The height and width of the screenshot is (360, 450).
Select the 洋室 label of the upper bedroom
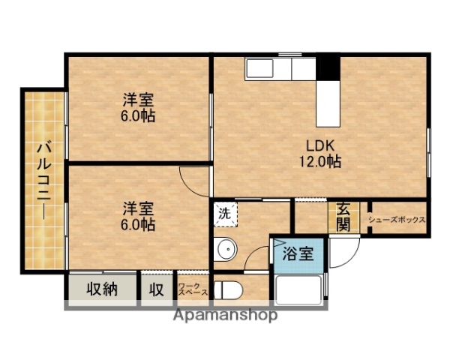[138, 100]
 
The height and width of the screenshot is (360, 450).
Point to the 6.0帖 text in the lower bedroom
[138, 223]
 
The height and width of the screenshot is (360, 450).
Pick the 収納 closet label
[100, 289]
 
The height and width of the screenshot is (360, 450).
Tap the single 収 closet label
[157, 289]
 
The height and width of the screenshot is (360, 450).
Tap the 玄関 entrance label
[343, 217]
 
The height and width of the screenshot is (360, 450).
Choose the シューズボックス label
[397, 220]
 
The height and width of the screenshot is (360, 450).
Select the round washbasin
[224, 248]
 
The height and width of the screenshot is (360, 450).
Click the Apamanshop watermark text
[225, 315]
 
